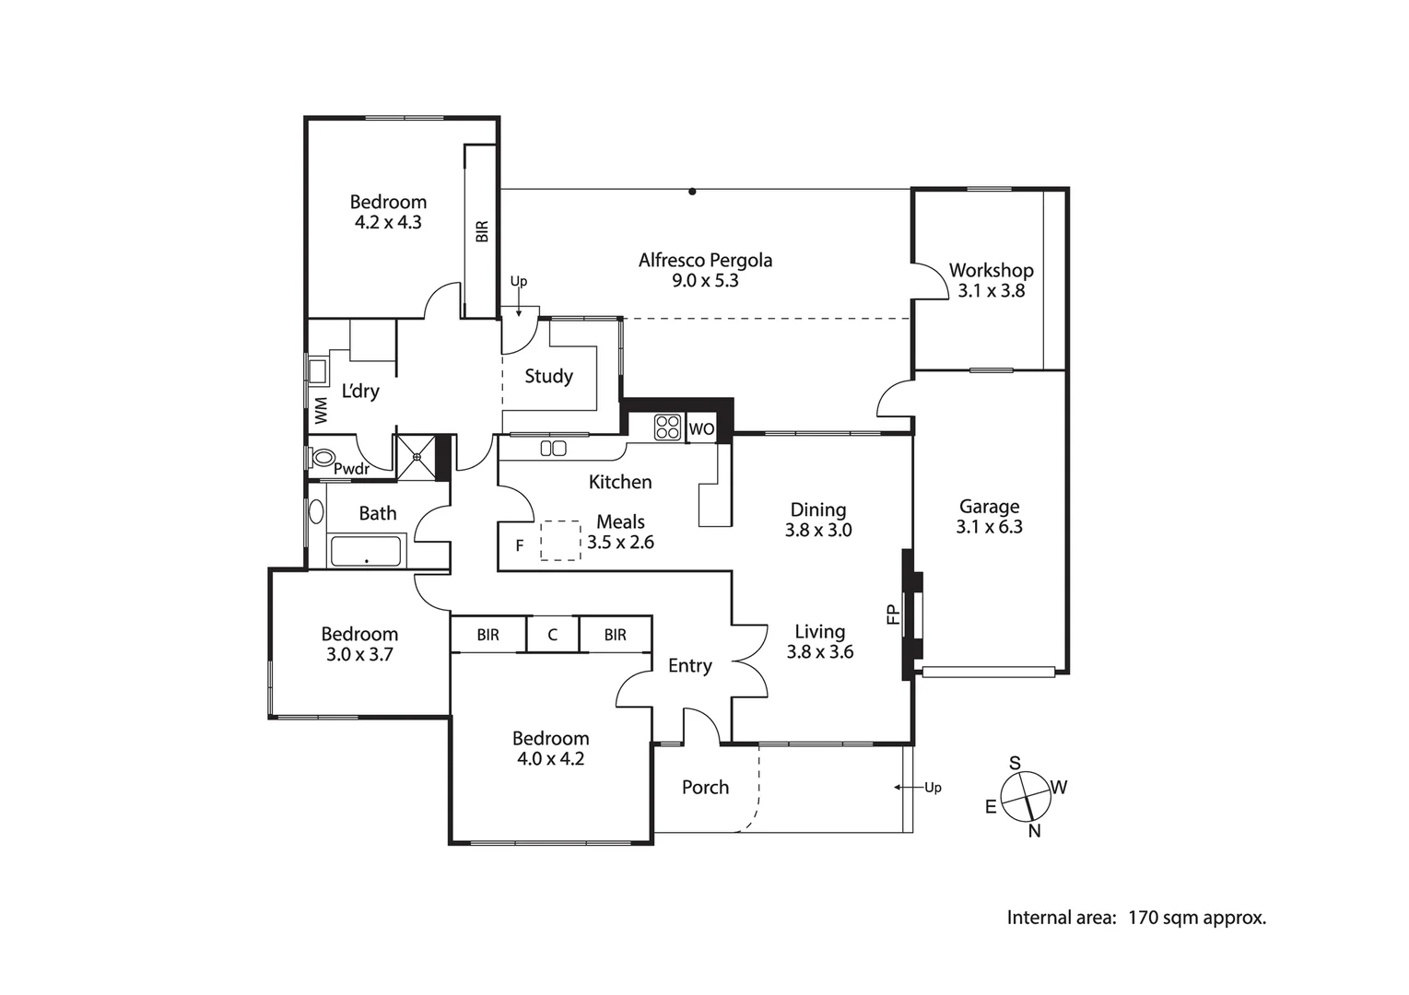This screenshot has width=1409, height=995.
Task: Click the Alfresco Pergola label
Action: click(x=705, y=261)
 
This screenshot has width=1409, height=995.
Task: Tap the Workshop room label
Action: click(x=991, y=271)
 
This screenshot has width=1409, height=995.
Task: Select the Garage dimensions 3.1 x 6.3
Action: click(x=989, y=527)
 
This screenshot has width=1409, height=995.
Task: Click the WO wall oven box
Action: click(x=700, y=428)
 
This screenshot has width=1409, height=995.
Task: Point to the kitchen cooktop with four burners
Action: click(x=667, y=427)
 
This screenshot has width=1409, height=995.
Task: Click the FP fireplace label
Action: click(x=892, y=615)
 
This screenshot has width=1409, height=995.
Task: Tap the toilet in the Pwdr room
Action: click(x=323, y=457)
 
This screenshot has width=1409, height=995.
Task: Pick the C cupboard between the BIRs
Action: click(x=552, y=635)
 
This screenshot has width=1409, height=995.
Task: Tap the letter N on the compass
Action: click(x=1034, y=831)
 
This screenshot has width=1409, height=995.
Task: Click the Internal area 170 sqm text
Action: click(x=1135, y=918)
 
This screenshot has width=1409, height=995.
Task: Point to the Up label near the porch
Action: click(x=933, y=788)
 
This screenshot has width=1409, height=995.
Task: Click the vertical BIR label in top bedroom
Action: click(x=481, y=230)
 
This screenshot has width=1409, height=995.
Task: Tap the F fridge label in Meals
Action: click(x=520, y=546)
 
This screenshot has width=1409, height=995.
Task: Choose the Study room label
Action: click(x=548, y=376)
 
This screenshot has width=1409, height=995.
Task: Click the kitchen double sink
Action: click(x=553, y=449)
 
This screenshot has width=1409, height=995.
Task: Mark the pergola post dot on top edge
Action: click(x=692, y=192)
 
